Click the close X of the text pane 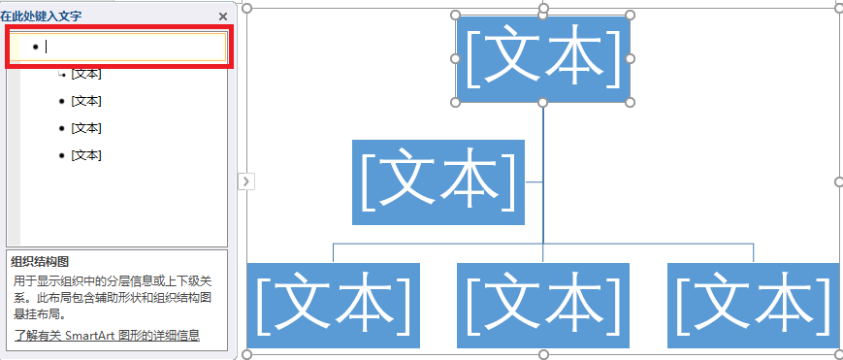click(223, 16)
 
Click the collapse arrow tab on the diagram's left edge click(245, 180)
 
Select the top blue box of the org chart click(543, 59)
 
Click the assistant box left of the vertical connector click(438, 182)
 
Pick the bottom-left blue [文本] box click(333, 305)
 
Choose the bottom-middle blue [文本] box click(543, 305)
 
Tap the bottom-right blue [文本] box click(754, 305)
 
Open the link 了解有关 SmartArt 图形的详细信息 click(107, 336)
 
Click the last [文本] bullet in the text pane click(85, 155)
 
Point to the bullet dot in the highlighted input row click(36, 47)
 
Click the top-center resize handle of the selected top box click(543, 16)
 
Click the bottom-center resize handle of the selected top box click(543, 102)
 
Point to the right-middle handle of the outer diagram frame click(838, 180)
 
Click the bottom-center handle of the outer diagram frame click(543, 354)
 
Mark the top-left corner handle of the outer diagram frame click(246, 9)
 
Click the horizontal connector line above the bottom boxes click(437, 244)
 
